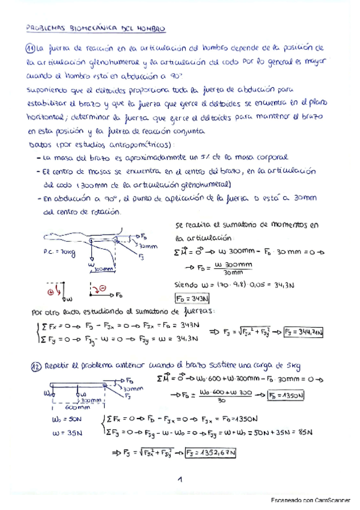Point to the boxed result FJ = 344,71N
(304, 331)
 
